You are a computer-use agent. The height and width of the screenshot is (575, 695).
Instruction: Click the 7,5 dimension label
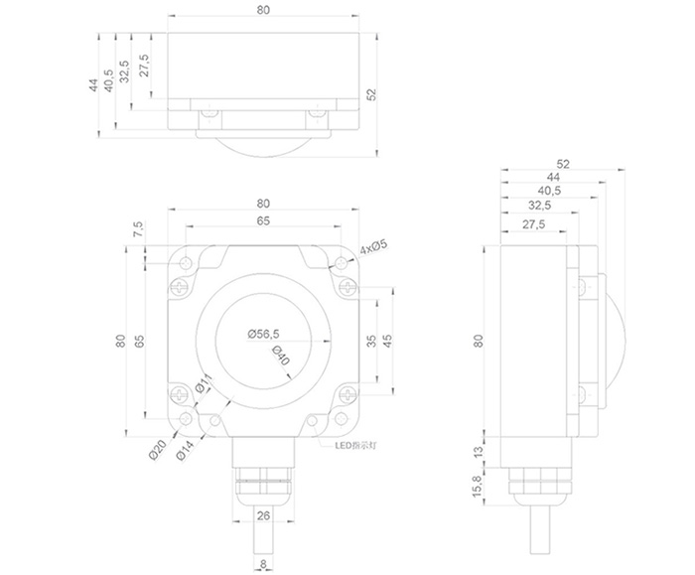139,228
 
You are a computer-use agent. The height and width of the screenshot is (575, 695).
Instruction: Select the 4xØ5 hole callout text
373,247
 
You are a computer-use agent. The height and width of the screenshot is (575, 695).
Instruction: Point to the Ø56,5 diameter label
263,334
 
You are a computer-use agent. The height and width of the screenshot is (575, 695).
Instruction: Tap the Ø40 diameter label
280,355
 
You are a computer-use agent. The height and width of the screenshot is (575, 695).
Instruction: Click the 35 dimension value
371,341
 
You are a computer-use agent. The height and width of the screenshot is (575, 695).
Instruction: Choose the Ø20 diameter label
156,449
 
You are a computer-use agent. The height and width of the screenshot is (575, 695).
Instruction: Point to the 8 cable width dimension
262,565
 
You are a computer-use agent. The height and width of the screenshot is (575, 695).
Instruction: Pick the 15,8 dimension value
478,486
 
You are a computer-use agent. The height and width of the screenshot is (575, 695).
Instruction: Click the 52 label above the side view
562,163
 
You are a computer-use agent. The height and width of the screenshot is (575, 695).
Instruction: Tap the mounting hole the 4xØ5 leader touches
343,264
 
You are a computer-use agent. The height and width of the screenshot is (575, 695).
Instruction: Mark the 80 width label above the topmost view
263,10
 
